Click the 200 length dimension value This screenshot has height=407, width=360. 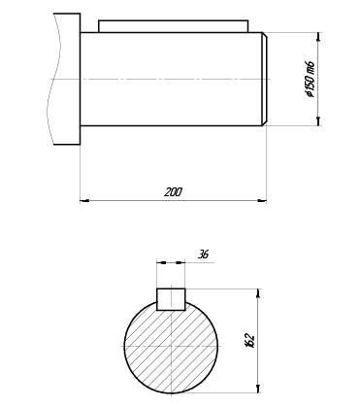point(173,192)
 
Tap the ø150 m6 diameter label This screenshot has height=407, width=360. point(310,79)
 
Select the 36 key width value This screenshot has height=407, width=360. point(203,254)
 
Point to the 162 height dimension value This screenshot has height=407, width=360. point(250,340)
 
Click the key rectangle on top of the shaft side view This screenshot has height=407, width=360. point(174,26)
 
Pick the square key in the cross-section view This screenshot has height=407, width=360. point(171,299)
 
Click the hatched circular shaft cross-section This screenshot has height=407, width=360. point(171,347)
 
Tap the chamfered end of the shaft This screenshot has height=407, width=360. point(264,79)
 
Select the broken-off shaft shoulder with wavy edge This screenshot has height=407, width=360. point(64,79)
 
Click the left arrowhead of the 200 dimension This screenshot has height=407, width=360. point(84,201)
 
